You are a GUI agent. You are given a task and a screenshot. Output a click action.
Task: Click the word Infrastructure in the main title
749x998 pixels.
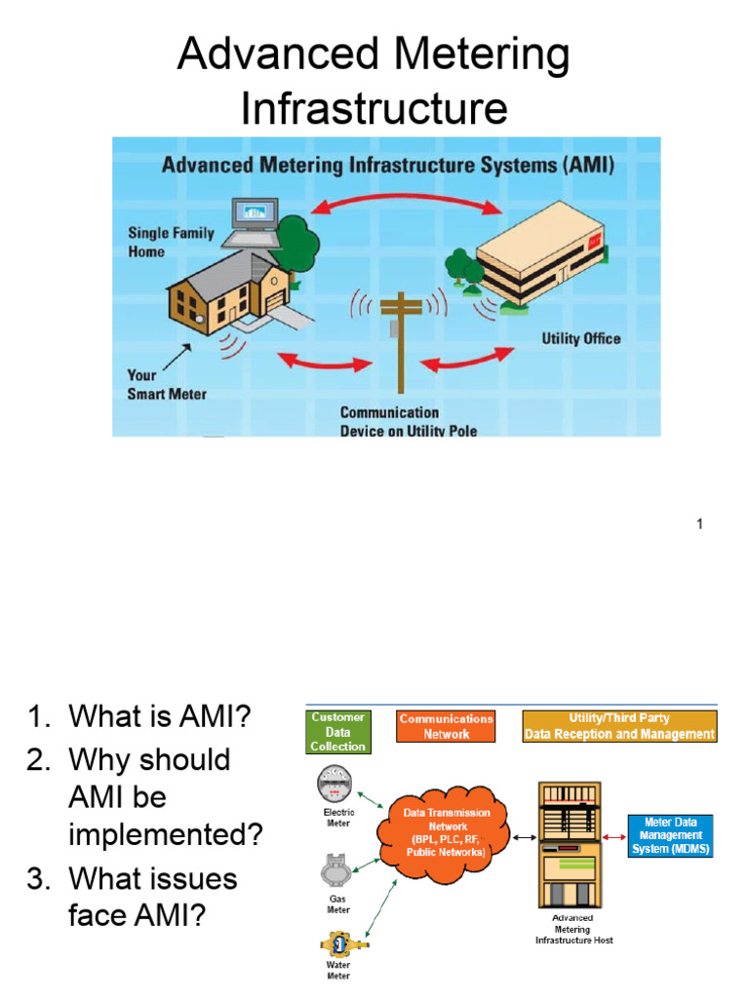tap(374, 108)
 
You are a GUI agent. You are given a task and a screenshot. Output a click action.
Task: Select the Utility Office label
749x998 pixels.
tap(581, 339)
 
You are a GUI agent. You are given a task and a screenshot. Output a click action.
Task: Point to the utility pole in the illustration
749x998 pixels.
tap(399, 341)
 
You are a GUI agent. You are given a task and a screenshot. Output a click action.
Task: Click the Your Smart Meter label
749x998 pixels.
tap(167, 385)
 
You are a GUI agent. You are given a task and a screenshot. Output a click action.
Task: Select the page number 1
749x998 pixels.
tap(699, 525)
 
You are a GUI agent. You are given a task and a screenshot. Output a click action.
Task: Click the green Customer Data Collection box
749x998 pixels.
tap(337, 732)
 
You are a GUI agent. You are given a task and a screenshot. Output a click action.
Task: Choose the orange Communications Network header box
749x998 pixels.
tap(446, 726)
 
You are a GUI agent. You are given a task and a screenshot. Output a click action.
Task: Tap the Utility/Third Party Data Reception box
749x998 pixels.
tap(619, 726)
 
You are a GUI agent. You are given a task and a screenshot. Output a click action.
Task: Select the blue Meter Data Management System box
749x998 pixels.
tap(672, 836)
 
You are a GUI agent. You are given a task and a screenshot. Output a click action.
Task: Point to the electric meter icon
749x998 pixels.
tap(337, 785)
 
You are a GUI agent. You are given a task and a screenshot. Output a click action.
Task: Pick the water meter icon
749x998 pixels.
tap(337, 944)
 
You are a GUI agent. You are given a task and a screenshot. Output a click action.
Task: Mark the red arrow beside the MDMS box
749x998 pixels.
tap(613, 836)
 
